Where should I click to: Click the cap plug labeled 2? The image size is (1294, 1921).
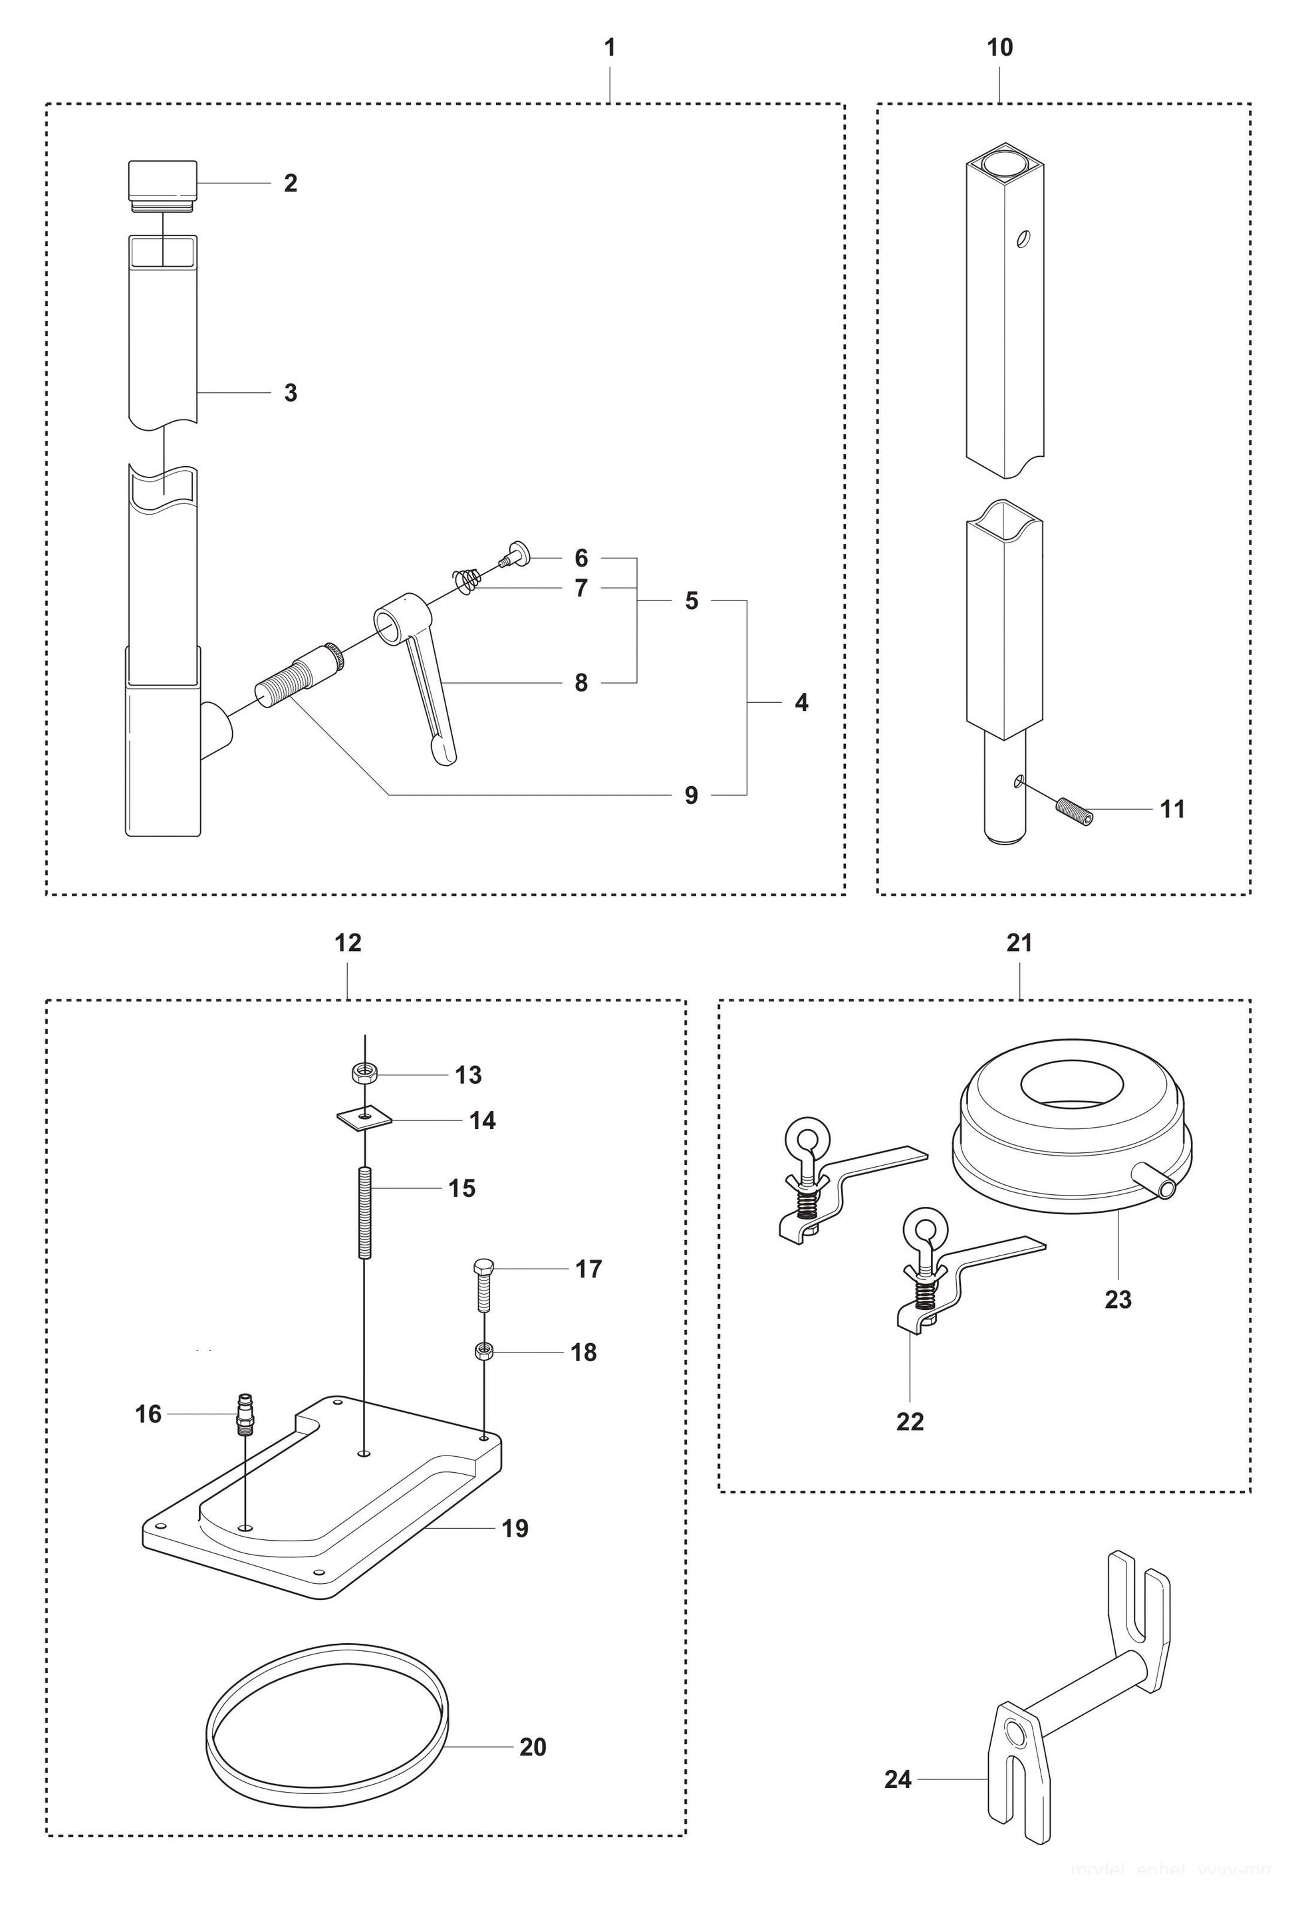[162, 182]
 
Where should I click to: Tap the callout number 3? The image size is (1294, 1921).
[291, 393]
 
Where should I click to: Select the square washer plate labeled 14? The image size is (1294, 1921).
[364, 1118]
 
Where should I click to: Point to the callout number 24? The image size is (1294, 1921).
[897, 1779]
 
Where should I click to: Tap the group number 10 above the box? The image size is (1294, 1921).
[999, 48]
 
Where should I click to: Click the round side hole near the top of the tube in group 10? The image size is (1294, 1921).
[1023, 239]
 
